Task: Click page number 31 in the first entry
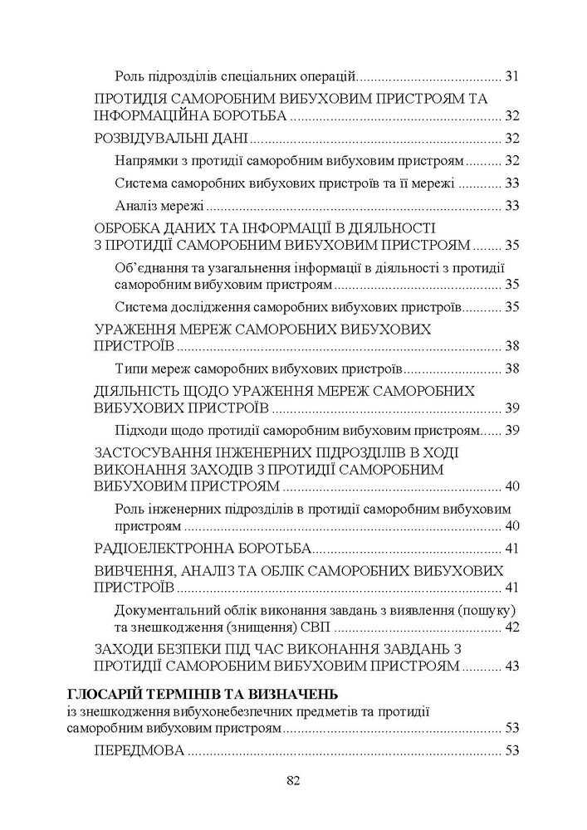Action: [511, 77]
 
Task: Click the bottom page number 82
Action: [292, 780]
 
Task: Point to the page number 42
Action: [511, 626]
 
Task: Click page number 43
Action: [511, 666]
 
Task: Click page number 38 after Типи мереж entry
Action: [511, 368]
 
